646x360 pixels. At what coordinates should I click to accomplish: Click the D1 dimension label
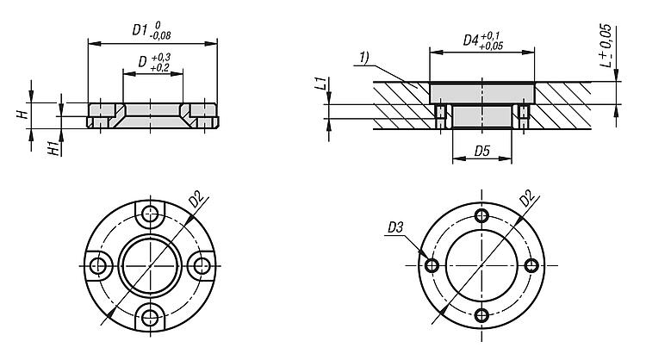click(140, 30)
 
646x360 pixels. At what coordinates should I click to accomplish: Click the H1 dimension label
click(54, 146)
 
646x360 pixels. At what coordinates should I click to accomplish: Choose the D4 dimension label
click(470, 40)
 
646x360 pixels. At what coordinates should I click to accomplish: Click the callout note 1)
click(365, 57)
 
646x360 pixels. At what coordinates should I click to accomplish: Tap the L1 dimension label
click(320, 84)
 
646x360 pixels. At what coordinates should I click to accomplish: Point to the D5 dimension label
click(482, 152)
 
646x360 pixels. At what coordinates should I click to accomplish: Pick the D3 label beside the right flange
click(394, 228)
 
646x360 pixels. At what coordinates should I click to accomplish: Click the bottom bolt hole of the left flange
click(151, 319)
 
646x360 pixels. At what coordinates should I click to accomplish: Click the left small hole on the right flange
click(431, 264)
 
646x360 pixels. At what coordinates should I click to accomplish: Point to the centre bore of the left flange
click(151, 265)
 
